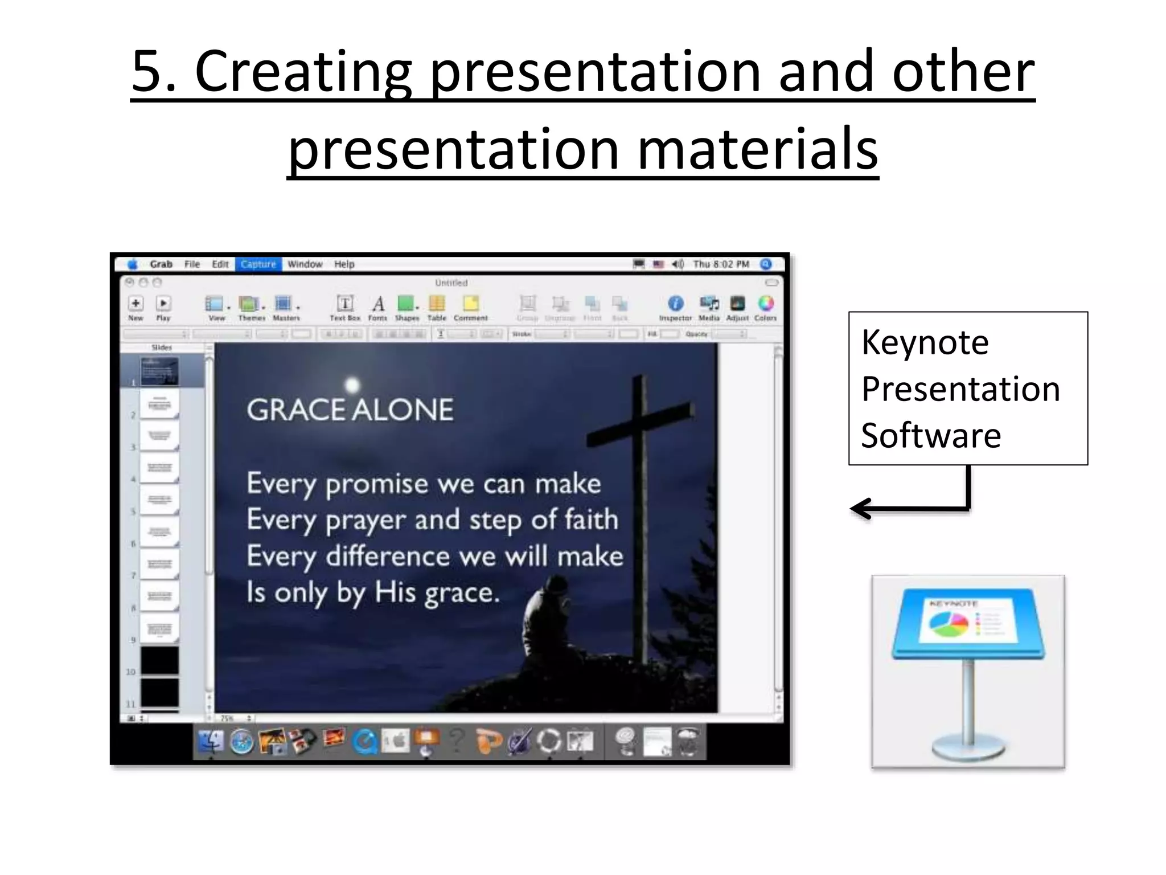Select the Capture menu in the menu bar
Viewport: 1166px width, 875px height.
[x=258, y=264]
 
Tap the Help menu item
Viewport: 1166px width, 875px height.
[x=344, y=264]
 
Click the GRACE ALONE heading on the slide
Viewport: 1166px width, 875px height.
[x=350, y=410]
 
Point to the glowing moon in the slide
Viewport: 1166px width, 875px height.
[x=352, y=385]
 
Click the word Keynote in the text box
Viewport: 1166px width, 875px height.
[x=925, y=342]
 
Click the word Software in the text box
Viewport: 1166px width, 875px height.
[x=931, y=436]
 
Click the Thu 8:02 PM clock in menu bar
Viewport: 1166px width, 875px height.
[x=721, y=264]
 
